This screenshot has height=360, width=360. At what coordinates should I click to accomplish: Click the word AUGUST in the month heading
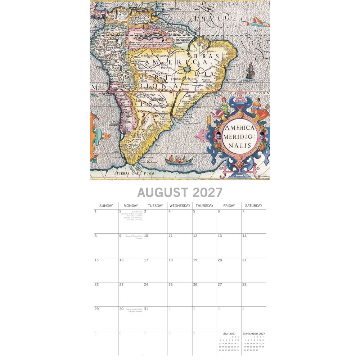tap(163, 193)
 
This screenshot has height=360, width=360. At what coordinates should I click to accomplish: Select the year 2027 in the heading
tap(207, 193)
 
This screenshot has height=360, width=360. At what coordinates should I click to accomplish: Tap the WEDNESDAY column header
tap(180, 206)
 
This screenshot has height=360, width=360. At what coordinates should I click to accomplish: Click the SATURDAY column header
tap(253, 206)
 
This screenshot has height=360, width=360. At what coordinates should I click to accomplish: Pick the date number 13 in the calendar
tap(220, 236)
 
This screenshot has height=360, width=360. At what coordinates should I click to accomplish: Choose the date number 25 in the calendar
tap(171, 284)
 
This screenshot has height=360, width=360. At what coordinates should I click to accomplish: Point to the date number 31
tap(146, 309)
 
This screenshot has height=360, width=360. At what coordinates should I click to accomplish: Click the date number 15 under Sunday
tap(96, 260)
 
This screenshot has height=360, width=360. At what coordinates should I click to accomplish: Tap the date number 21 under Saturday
tap(244, 260)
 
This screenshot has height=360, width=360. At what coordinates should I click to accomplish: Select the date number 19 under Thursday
tap(195, 260)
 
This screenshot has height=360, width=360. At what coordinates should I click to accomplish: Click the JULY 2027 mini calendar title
tap(229, 334)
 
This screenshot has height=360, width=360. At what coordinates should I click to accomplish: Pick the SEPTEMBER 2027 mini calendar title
tap(253, 334)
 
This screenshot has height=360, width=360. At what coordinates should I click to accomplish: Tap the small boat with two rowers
tap(179, 159)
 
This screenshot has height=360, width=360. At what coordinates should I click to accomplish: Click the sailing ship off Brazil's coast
tap(250, 71)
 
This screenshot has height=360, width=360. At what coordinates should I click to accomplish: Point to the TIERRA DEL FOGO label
tap(135, 174)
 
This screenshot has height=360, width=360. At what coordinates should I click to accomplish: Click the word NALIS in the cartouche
tap(239, 145)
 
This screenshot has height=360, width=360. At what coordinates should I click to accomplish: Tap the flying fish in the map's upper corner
tap(259, 22)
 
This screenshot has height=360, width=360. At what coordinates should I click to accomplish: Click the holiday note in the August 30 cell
tap(134, 310)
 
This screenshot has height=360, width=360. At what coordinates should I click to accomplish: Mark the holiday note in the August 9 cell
tap(134, 237)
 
